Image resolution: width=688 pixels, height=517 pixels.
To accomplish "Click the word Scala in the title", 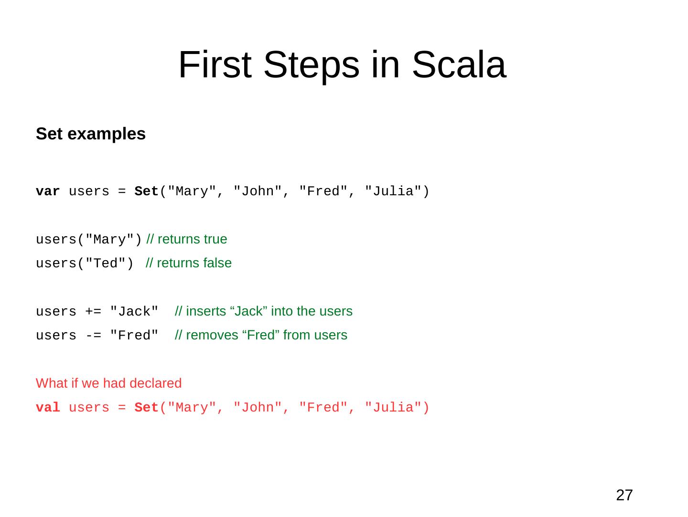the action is pyautogui.click(x=458, y=65).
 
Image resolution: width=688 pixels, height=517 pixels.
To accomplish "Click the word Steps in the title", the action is pyautogui.click(x=311, y=65).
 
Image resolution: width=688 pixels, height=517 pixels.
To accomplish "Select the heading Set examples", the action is pyautogui.click(x=91, y=134).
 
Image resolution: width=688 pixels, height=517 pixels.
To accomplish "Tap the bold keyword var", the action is pyautogui.click(x=48, y=191).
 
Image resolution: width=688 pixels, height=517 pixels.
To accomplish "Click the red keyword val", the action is pyautogui.click(x=48, y=408).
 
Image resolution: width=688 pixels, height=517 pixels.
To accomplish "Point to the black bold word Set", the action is pyautogui.click(x=146, y=191).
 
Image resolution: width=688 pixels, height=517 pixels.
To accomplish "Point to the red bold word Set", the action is pyautogui.click(x=146, y=408).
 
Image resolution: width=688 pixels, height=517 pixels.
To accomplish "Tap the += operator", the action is pyautogui.click(x=93, y=312).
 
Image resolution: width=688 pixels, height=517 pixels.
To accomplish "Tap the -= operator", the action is pyautogui.click(x=93, y=336).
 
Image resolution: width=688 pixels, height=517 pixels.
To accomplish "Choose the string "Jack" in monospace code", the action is pyautogui.click(x=134, y=312).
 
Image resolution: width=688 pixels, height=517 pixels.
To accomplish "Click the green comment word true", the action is pyautogui.click(x=216, y=239).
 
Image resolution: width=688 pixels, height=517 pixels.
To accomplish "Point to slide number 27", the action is pyautogui.click(x=624, y=495).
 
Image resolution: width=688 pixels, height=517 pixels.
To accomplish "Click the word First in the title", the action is pyautogui.click(x=215, y=65).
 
